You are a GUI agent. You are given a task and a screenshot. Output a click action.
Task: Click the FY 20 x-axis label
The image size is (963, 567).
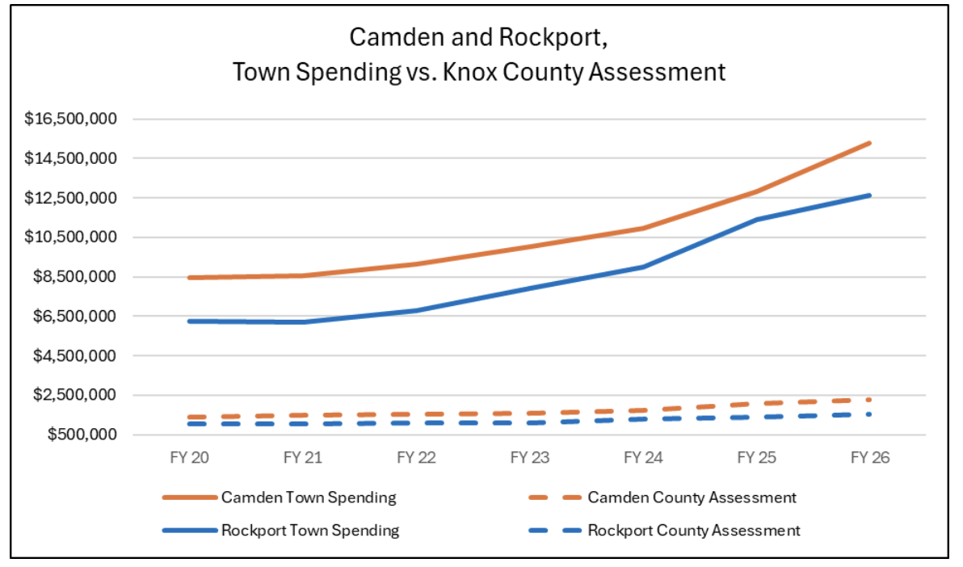click(190, 457)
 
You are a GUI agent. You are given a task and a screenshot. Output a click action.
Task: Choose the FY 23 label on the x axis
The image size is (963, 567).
click(530, 457)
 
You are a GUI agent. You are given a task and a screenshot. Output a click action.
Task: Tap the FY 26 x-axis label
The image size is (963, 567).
click(870, 457)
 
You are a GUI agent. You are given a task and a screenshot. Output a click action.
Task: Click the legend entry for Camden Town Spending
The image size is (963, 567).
click(309, 498)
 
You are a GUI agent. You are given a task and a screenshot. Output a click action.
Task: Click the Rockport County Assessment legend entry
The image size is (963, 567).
click(694, 531)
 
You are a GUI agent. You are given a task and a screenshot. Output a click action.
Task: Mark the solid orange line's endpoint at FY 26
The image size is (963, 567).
click(870, 143)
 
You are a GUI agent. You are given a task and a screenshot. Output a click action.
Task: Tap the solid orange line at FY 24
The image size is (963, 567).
click(643, 228)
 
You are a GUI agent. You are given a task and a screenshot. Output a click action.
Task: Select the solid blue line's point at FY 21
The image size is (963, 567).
click(304, 322)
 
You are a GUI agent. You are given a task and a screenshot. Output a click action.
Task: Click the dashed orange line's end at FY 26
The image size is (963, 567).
click(870, 399)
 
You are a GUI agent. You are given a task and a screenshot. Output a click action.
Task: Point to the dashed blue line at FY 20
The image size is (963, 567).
click(190, 424)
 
